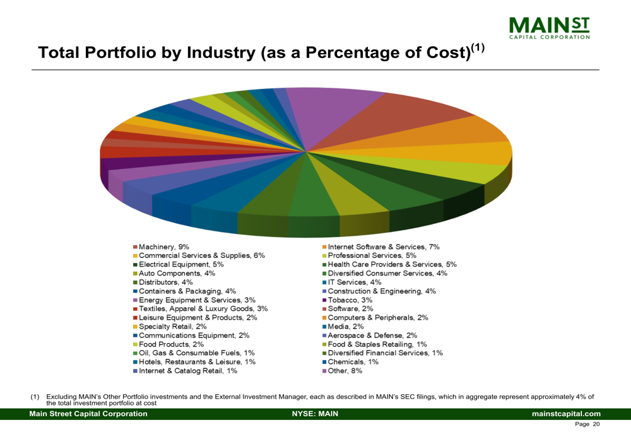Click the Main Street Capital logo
pyautogui.click(x=548, y=28)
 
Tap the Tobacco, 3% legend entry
pyautogui.click(x=350, y=300)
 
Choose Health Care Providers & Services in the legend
pyautogui.click(x=392, y=264)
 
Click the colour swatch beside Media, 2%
pyautogui.click(x=324, y=327)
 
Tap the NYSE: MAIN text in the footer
pyautogui.click(x=315, y=414)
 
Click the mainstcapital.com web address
pyautogui.click(x=566, y=414)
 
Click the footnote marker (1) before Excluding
pyautogui.click(x=35, y=396)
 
